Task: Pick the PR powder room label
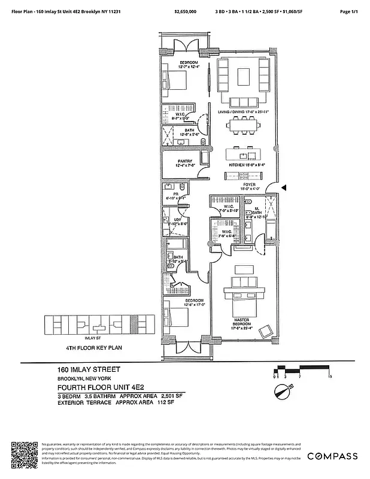coord(176,195)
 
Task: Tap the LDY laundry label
coord(178,222)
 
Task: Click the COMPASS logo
coord(332,456)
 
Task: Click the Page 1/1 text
coord(348,11)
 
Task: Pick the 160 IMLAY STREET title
coord(89,370)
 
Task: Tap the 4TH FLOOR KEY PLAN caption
coord(93,347)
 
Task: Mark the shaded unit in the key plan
coord(134,325)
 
